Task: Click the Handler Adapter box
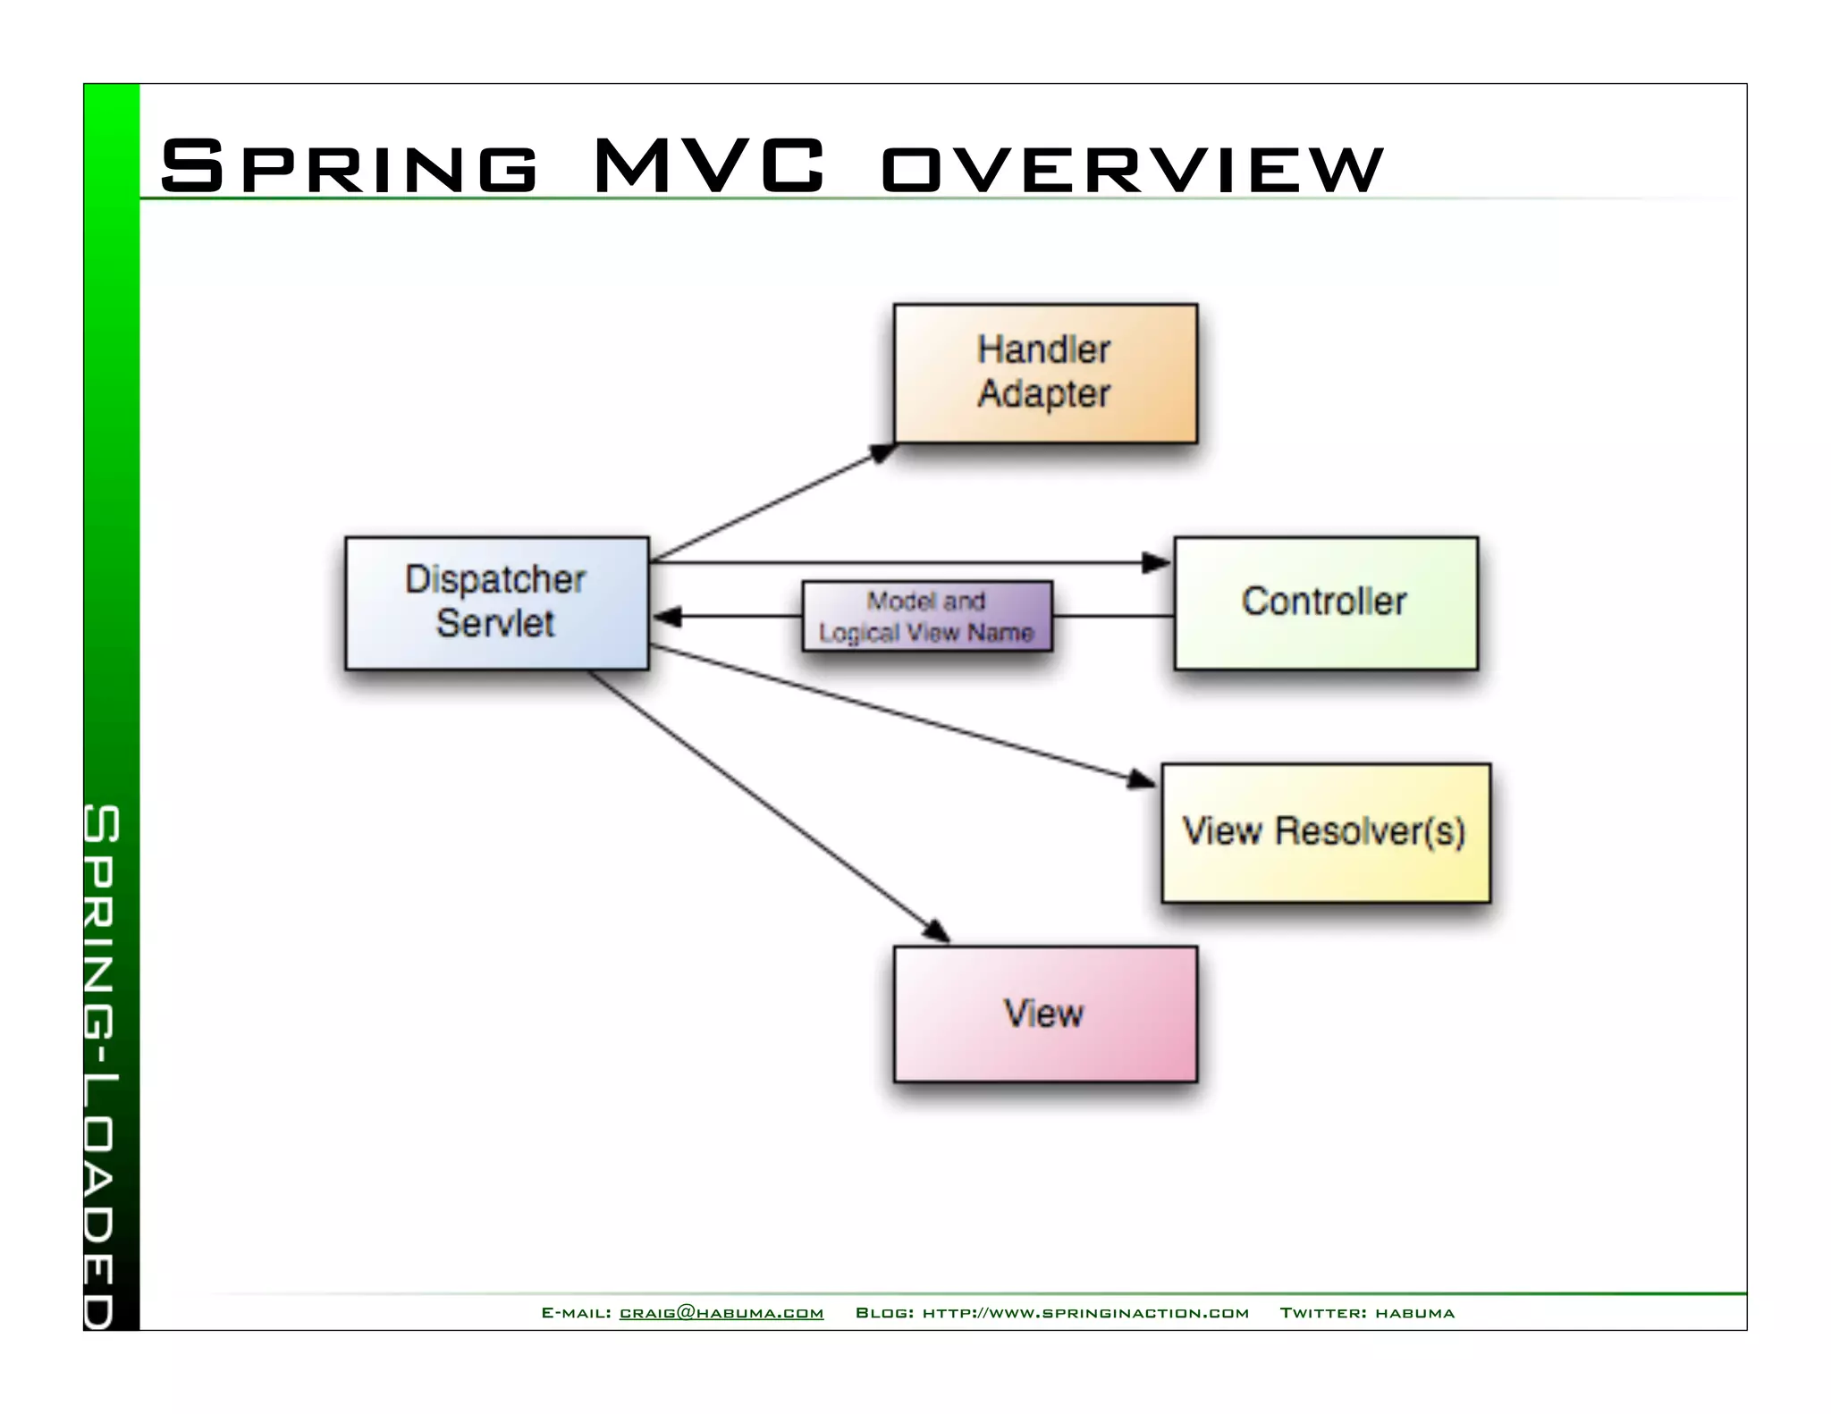tap(1045, 373)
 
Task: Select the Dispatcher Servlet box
tap(497, 602)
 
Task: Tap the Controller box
tap(1325, 602)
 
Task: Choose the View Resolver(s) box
tap(1325, 832)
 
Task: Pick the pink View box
tap(1045, 1014)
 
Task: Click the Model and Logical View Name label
tap(927, 616)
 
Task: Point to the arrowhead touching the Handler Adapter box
tap(882, 452)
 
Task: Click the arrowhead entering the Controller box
tap(1157, 563)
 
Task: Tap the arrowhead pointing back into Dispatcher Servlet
tap(667, 616)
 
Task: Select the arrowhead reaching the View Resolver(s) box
tap(1141, 779)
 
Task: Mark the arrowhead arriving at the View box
tap(936, 930)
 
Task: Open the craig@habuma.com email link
tap(721, 1313)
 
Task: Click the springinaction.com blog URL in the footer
tap(1085, 1313)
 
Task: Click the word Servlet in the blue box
tap(495, 623)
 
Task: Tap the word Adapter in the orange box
tap(1043, 394)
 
